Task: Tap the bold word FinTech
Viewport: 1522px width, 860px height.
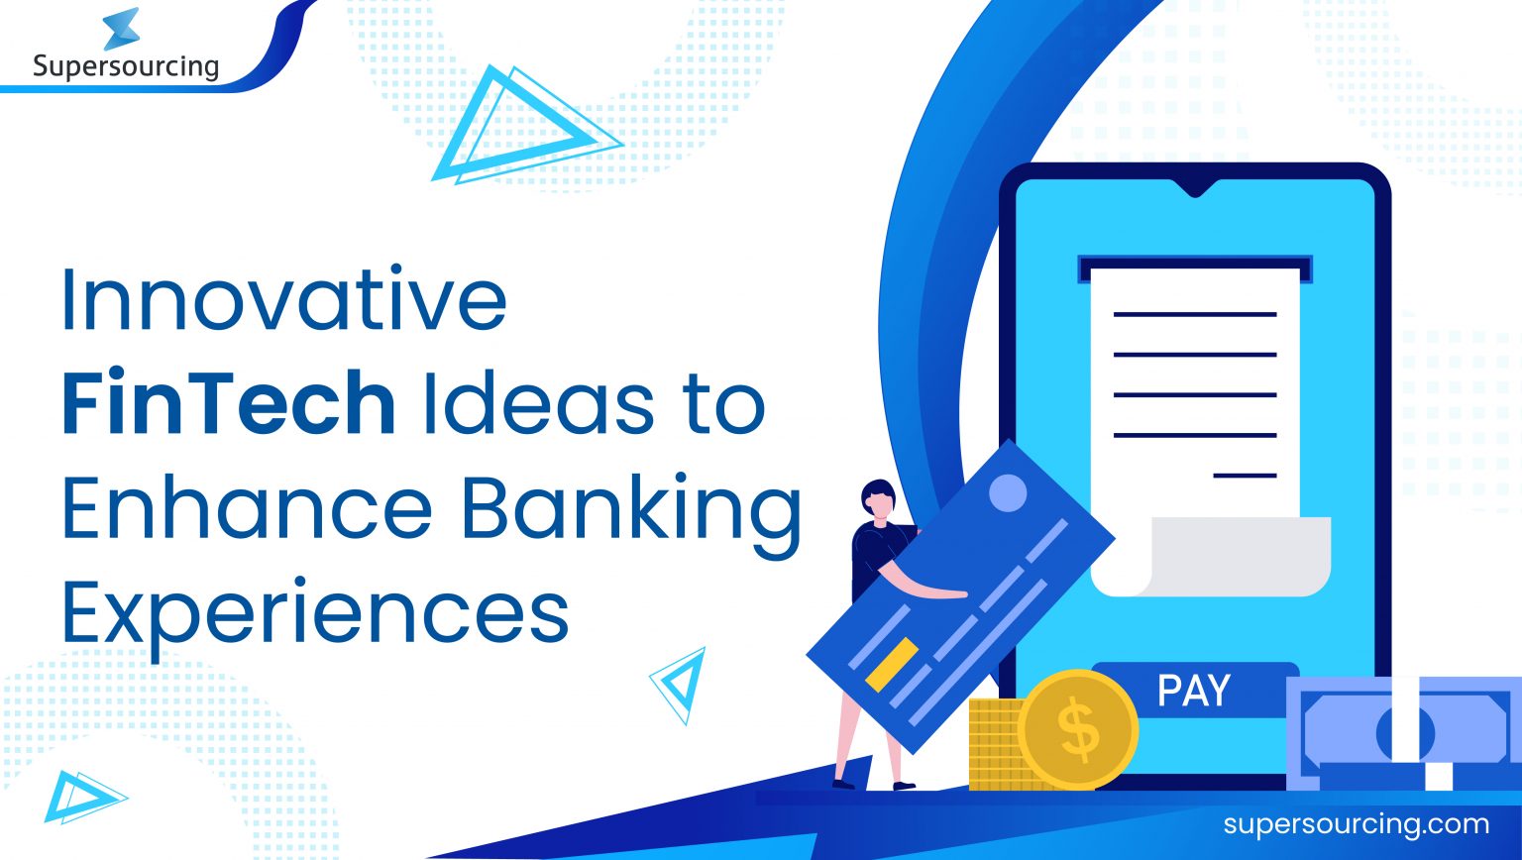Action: pos(229,403)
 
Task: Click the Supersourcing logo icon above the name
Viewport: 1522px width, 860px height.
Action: pos(121,29)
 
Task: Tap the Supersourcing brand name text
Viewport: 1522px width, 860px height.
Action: pos(125,66)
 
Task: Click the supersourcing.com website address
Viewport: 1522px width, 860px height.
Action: pos(1356,824)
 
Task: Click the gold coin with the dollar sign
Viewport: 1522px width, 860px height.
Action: pos(1078,730)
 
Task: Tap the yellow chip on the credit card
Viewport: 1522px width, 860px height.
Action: pos(892,664)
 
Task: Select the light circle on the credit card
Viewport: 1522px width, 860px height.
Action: pos(1008,492)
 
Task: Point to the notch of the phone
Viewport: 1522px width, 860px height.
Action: pos(1194,187)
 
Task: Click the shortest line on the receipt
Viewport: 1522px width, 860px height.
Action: pos(1245,476)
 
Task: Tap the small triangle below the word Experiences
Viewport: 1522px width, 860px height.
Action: pos(680,683)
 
